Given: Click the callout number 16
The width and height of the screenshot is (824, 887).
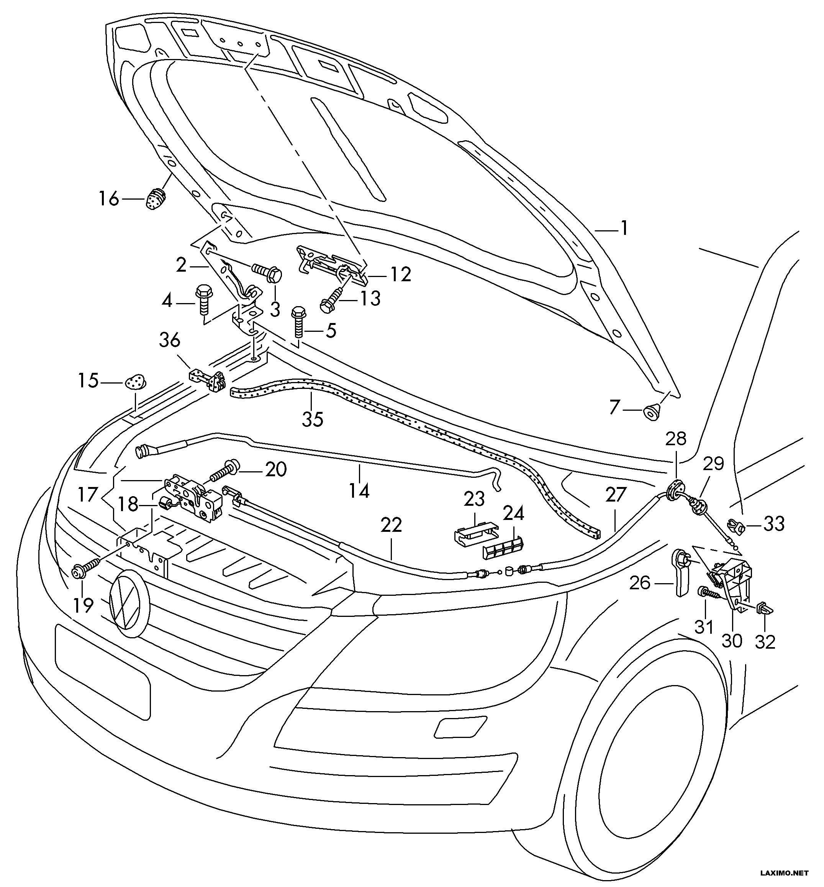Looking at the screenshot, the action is [109, 198].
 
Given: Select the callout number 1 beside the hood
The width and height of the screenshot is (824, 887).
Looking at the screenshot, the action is [625, 228].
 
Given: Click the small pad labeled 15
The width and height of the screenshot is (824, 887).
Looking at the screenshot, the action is [136, 381].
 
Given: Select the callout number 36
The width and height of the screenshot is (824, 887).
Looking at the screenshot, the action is [170, 340].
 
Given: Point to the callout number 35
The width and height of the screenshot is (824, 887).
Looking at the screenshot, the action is [313, 419].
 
